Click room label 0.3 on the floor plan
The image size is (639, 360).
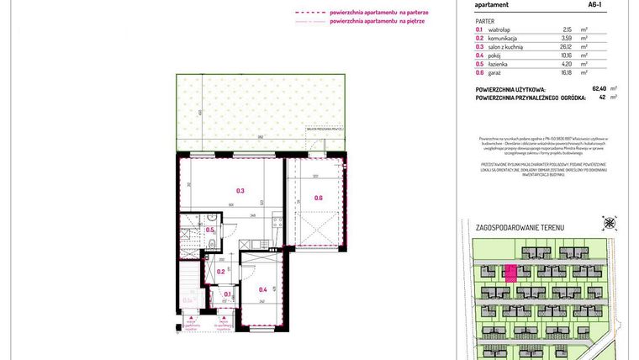point(240,191)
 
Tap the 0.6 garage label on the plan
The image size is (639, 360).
point(319,198)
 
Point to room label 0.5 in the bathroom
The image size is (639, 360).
point(210,230)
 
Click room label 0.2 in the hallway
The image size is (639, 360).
point(221,271)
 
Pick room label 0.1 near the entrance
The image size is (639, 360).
point(227,294)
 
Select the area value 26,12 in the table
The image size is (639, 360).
point(578,46)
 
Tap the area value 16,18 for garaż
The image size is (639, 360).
point(578,72)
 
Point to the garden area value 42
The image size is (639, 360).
point(602,97)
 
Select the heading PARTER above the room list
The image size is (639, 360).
point(484,20)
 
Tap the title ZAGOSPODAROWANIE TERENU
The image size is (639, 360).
point(520,228)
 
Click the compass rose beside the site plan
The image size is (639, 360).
point(608,223)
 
